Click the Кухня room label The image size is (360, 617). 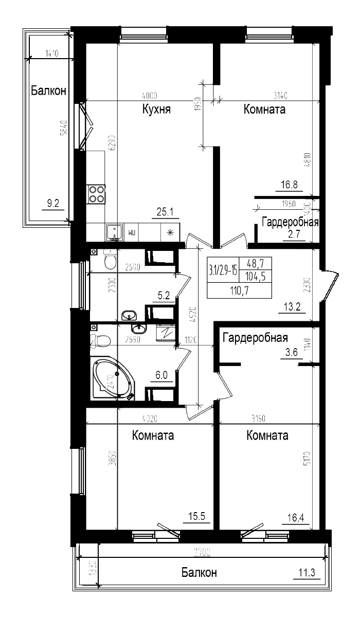(x=156, y=110)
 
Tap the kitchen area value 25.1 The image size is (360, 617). (x=166, y=211)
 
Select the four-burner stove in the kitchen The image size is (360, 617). (x=96, y=194)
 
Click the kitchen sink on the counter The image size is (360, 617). (x=114, y=232)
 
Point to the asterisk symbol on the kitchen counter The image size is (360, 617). (x=171, y=232)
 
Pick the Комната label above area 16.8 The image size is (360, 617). (x=264, y=110)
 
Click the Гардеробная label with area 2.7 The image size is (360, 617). (x=290, y=223)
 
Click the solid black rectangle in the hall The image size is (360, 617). (x=239, y=278)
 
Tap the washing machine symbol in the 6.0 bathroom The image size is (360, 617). (x=167, y=333)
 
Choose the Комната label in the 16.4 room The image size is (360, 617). (x=267, y=435)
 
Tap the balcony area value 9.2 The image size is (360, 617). (x=53, y=204)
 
